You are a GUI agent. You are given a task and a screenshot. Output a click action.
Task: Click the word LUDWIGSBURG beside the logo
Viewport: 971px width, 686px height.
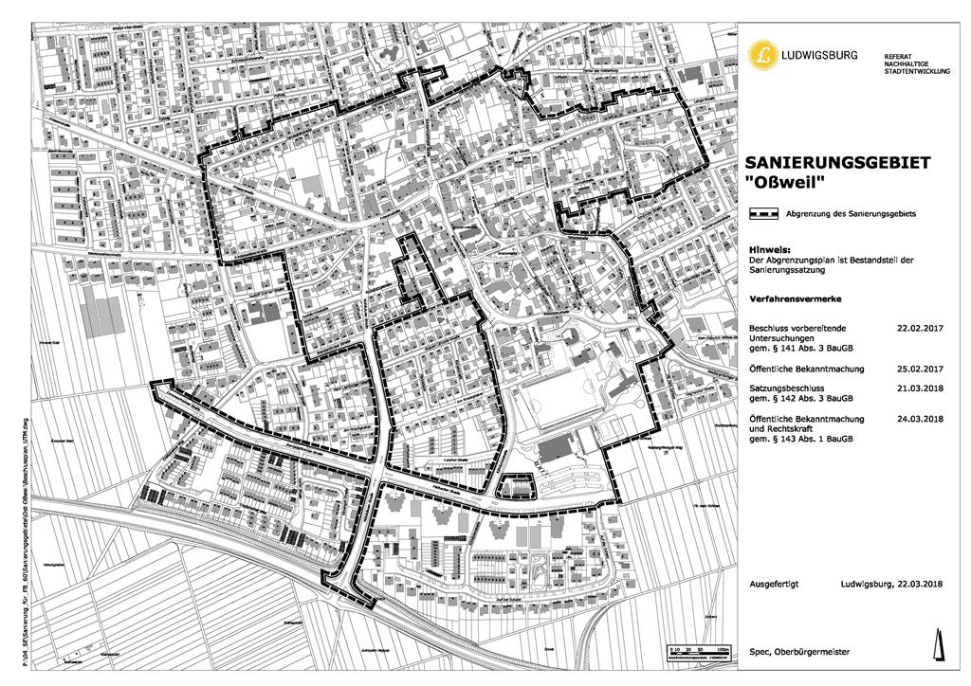point(817,56)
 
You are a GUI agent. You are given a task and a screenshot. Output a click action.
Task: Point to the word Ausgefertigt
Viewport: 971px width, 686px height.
point(773,584)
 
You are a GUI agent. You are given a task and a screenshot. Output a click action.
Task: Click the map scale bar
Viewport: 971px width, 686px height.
point(701,655)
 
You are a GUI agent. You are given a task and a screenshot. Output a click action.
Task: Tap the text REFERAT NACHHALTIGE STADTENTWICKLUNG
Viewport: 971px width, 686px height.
point(915,63)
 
